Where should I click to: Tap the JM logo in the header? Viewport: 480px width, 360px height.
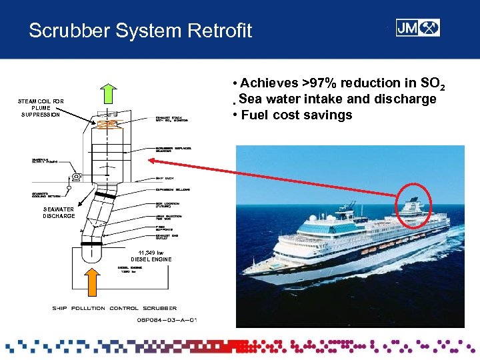[417, 27]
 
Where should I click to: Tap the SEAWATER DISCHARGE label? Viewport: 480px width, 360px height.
[59, 212]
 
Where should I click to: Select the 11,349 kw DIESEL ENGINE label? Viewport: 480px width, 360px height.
[151, 255]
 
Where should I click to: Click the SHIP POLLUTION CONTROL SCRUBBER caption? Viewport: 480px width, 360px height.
[114, 308]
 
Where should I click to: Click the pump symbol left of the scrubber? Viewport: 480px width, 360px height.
[77, 177]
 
